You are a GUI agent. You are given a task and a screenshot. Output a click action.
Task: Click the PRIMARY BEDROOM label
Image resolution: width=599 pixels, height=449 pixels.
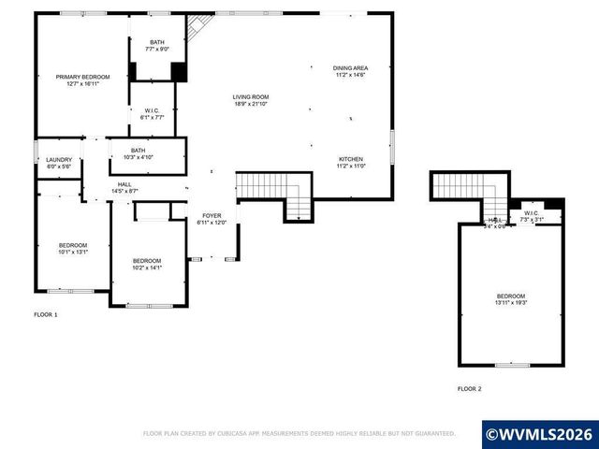tap(83, 76)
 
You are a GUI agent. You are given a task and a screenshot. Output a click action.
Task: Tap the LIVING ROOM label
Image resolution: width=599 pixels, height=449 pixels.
tap(251, 96)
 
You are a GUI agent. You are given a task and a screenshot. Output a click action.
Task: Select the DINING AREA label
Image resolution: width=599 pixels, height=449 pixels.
tap(350, 68)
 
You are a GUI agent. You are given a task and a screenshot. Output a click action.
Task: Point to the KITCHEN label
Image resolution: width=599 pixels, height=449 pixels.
tap(350, 159)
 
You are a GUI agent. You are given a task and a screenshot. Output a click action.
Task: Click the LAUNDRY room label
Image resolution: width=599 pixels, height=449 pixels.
tap(59, 160)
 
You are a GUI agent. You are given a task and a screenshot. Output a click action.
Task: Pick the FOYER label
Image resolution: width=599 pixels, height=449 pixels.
tap(212, 216)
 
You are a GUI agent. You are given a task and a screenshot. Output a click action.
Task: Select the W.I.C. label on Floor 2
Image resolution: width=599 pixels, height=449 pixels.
tap(531, 213)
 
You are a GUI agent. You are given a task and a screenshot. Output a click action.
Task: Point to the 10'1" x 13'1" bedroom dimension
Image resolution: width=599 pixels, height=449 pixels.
tap(72, 252)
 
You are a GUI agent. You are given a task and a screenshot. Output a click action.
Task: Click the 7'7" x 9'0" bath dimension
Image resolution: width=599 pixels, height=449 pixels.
tap(156, 50)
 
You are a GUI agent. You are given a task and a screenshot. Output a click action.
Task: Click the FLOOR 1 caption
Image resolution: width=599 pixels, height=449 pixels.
tap(46, 314)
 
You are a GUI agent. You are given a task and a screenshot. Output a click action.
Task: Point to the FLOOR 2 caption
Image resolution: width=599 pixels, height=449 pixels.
tap(469, 387)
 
